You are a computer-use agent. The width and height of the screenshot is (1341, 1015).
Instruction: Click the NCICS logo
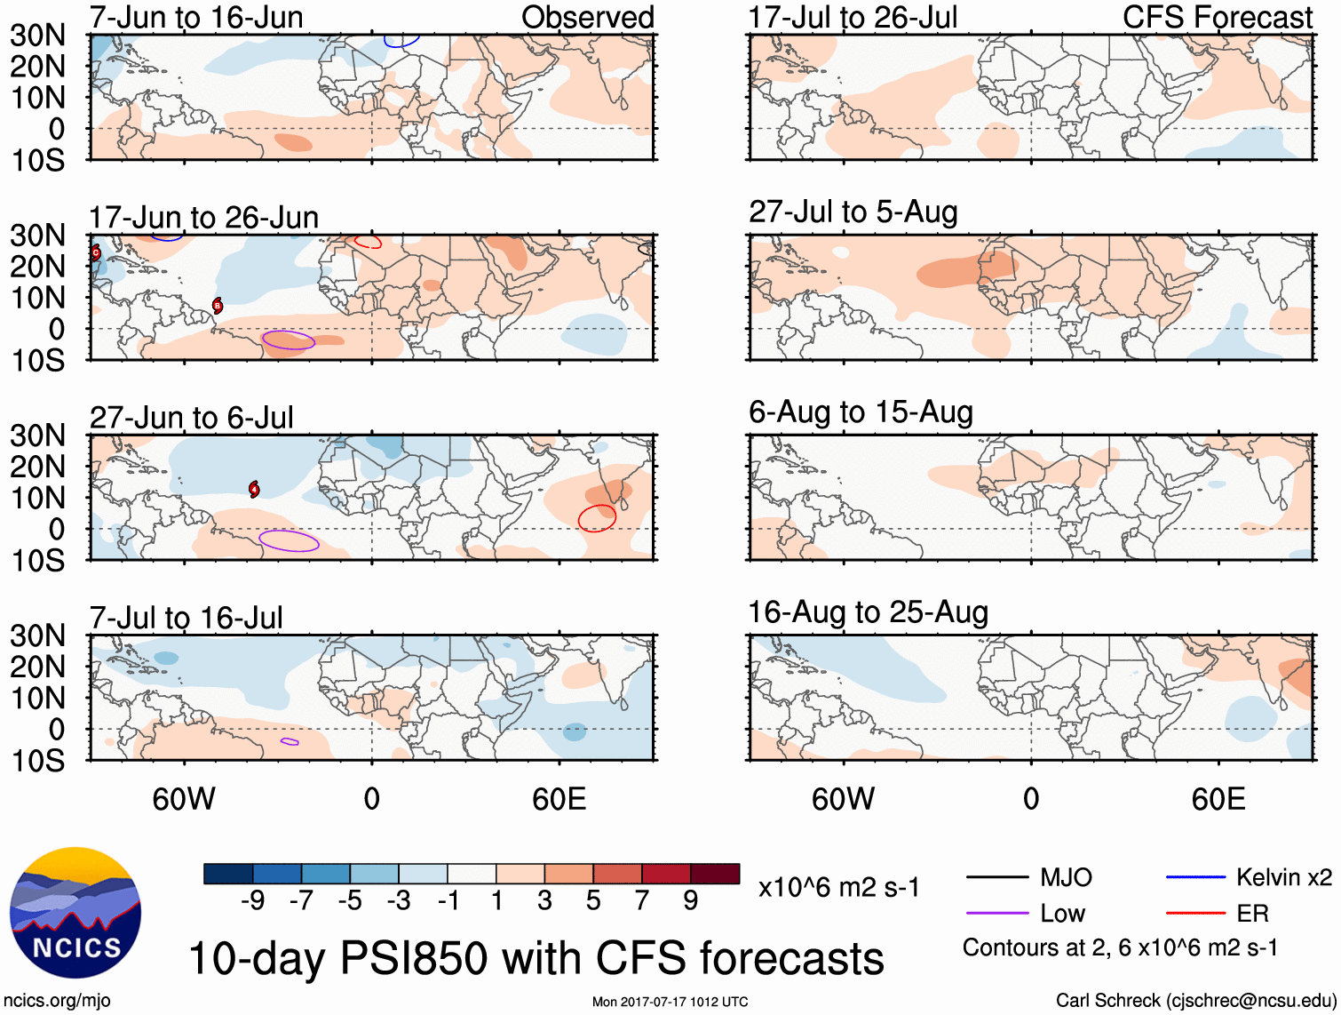coord(75,913)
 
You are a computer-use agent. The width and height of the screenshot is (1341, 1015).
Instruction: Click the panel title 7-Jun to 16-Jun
coord(196,17)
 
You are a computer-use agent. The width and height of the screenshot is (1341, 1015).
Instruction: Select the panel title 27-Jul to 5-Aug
coord(853,212)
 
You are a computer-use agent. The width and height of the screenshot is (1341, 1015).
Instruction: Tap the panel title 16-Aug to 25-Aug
coord(868,612)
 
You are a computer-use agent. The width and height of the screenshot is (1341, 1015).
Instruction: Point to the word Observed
coord(587,17)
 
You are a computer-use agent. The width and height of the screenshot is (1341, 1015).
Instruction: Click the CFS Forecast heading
coord(1218,17)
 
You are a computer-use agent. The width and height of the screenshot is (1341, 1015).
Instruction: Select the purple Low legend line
coord(997,913)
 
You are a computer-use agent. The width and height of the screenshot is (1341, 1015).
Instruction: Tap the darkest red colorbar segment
coord(715,874)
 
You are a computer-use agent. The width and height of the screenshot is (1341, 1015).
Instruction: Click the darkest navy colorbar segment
coord(228,874)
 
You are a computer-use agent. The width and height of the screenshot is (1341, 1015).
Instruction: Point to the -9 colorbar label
coord(253,901)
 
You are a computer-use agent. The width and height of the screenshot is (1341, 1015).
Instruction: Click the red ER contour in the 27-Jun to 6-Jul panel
coord(597,518)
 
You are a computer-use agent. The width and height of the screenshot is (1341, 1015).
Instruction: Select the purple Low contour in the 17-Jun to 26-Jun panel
coord(289,340)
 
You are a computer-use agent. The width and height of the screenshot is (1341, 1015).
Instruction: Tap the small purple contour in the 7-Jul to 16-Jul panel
coord(290,741)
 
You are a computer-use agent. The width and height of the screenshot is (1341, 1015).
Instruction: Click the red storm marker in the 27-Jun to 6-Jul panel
coord(255,489)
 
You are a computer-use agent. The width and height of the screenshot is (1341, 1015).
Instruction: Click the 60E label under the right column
coord(1218,799)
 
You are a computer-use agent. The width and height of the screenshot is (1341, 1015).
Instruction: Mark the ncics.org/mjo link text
coord(57,1001)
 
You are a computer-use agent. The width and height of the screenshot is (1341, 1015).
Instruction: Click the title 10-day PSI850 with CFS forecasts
coord(536,958)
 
